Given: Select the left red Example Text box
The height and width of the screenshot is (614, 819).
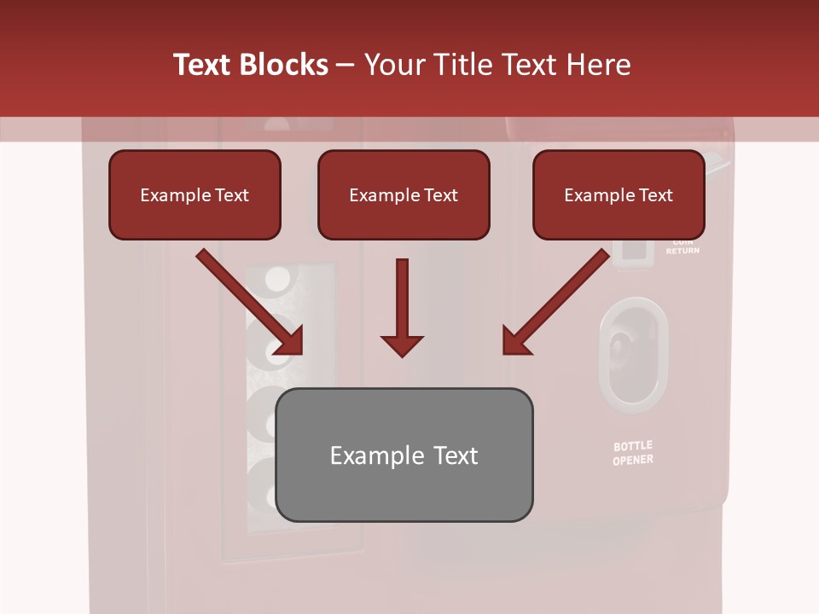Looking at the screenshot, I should (195, 194).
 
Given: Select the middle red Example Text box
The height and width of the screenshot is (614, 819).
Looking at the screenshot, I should (404, 194).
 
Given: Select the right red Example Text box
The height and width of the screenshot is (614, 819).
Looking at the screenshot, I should (619, 194).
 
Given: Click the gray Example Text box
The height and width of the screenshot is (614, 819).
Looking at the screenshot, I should (404, 455).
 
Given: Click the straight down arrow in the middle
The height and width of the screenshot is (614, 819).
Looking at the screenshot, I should (402, 307).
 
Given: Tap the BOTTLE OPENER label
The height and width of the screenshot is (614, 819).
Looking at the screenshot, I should (633, 453).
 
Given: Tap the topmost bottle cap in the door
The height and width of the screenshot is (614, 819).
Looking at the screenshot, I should (278, 279).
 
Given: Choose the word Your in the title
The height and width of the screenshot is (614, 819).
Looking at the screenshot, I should (394, 65).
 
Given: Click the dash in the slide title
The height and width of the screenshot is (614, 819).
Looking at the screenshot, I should (346, 65).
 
